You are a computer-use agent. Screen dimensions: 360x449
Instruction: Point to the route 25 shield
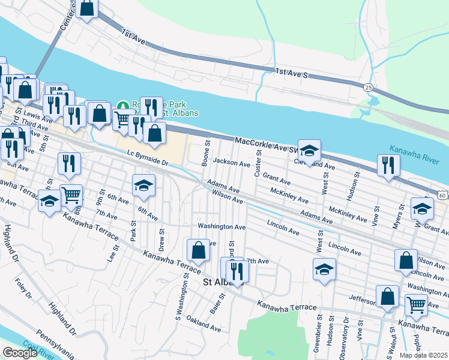[367, 88]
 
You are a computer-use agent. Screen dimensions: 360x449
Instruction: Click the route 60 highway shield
[442, 195]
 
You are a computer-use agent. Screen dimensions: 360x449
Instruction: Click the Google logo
[20, 353]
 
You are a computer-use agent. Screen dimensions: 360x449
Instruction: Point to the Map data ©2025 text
[424, 355]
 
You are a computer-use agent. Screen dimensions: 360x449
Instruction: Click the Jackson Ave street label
[231, 163]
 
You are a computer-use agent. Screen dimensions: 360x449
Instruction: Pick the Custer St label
[259, 163]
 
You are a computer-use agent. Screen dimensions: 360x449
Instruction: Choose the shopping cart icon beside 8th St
[71, 196]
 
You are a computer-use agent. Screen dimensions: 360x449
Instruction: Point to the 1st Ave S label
[292, 74]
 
